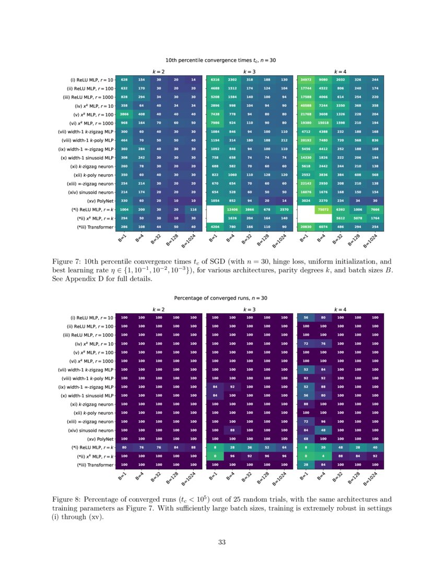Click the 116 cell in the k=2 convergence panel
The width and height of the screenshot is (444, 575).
point(193,209)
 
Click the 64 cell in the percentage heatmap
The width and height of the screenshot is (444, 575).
point(284,447)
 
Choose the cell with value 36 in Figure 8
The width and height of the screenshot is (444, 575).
point(250,447)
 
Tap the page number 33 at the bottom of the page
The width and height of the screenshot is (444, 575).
point(221,542)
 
